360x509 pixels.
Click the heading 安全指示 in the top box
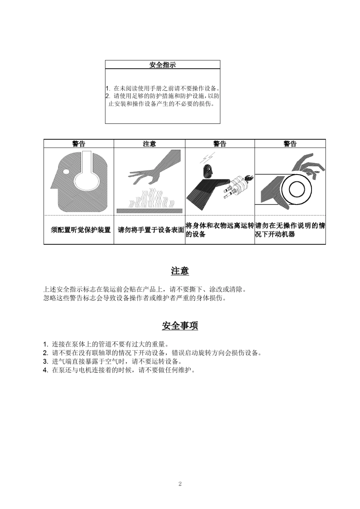(162, 65)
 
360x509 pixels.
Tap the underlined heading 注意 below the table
(180, 271)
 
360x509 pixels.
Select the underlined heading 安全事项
(180, 326)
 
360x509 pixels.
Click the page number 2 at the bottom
(180, 484)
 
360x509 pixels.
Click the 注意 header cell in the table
(149, 144)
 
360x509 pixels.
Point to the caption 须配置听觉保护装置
(81, 230)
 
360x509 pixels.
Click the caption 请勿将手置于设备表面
(151, 230)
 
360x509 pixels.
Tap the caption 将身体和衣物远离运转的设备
(219, 230)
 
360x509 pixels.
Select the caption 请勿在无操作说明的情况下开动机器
(290, 230)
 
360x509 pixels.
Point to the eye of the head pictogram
(66, 172)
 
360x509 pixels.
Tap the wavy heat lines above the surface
(152, 199)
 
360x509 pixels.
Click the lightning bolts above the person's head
(209, 158)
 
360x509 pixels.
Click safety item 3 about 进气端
(114, 361)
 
